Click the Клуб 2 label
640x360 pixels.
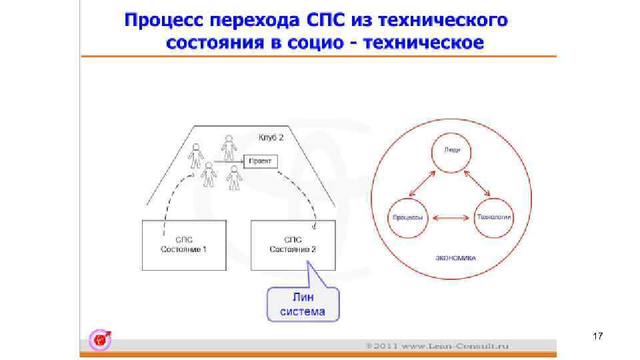[x=271, y=138]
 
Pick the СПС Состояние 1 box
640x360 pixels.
[x=183, y=245]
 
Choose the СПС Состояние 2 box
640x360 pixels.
[x=293, y=245]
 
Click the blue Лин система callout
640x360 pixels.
[x=303, y=304]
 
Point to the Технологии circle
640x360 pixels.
[x=494, y=217]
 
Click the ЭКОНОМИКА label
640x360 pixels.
[x=455, y=257]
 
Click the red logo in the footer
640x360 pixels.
[x=101, y=340]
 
